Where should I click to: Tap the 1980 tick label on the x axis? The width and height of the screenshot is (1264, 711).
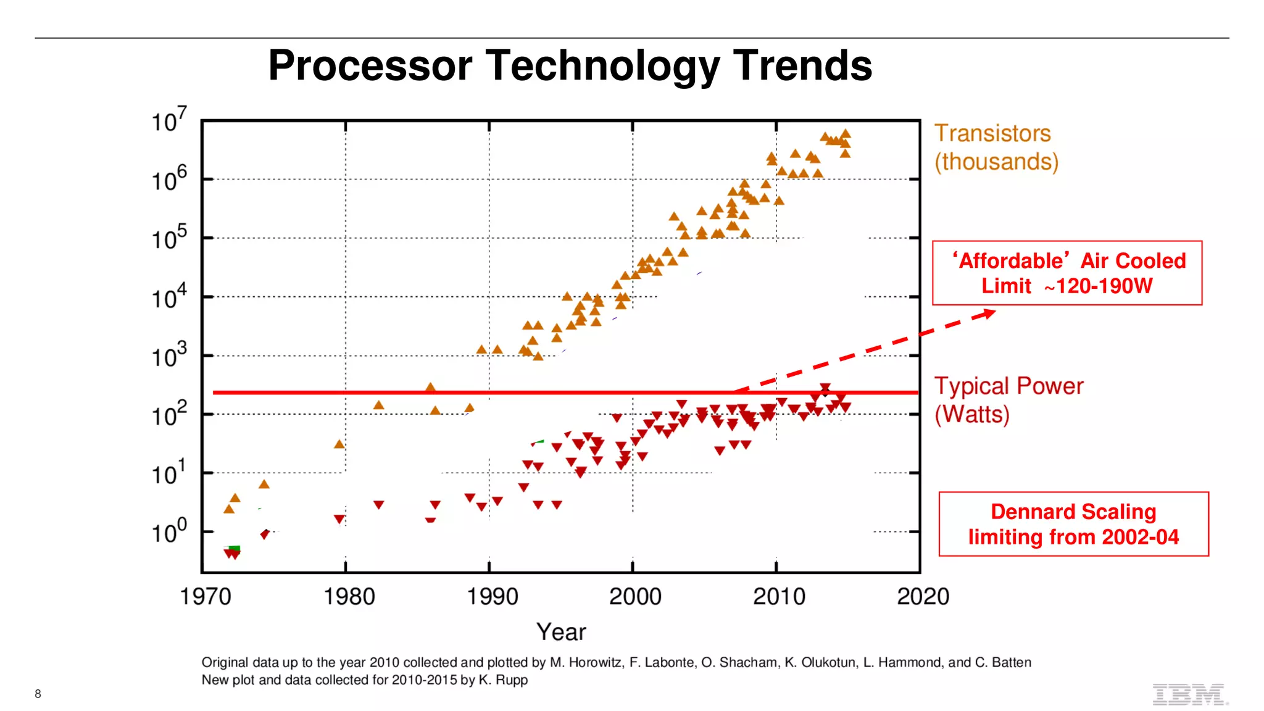point(349,597)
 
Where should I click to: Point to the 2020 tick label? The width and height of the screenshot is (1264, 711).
point(923,597)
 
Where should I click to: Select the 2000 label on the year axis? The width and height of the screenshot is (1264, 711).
point(635,597)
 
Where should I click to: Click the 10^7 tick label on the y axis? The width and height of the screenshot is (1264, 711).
point(168,120)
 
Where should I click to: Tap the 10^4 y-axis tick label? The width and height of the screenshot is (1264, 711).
point(168,297)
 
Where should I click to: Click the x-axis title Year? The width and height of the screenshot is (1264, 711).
point(561,632)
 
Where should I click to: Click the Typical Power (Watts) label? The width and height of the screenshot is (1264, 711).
point(1008,400)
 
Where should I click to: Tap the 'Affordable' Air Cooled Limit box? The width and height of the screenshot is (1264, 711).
point(1067,273)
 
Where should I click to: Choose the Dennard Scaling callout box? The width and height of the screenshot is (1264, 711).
point(1073,524)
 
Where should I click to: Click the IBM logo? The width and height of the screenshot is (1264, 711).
point(1189,694)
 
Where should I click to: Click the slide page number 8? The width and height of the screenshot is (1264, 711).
point(38,694)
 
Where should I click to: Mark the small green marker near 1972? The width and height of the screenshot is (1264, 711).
point(234,548)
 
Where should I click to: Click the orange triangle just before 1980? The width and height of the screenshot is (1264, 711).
point(339,444)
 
